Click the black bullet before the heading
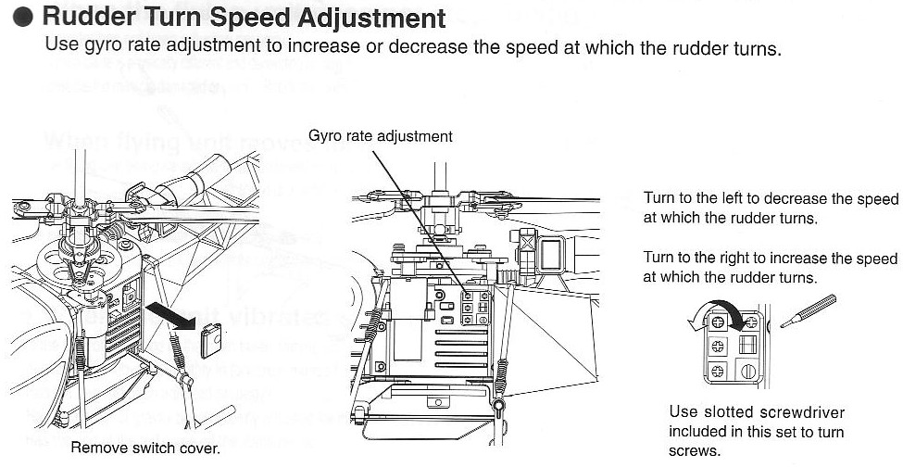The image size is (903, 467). [25, 19]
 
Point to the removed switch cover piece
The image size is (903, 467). [210, 338]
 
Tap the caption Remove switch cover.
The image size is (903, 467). [145, 449]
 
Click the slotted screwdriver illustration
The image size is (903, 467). [809, 310]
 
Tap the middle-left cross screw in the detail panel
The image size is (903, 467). [718, 345]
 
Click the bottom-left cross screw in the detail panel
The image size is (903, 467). [718, 371]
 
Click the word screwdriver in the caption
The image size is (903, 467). [799, 412]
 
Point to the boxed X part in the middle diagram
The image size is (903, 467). [530, 245]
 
